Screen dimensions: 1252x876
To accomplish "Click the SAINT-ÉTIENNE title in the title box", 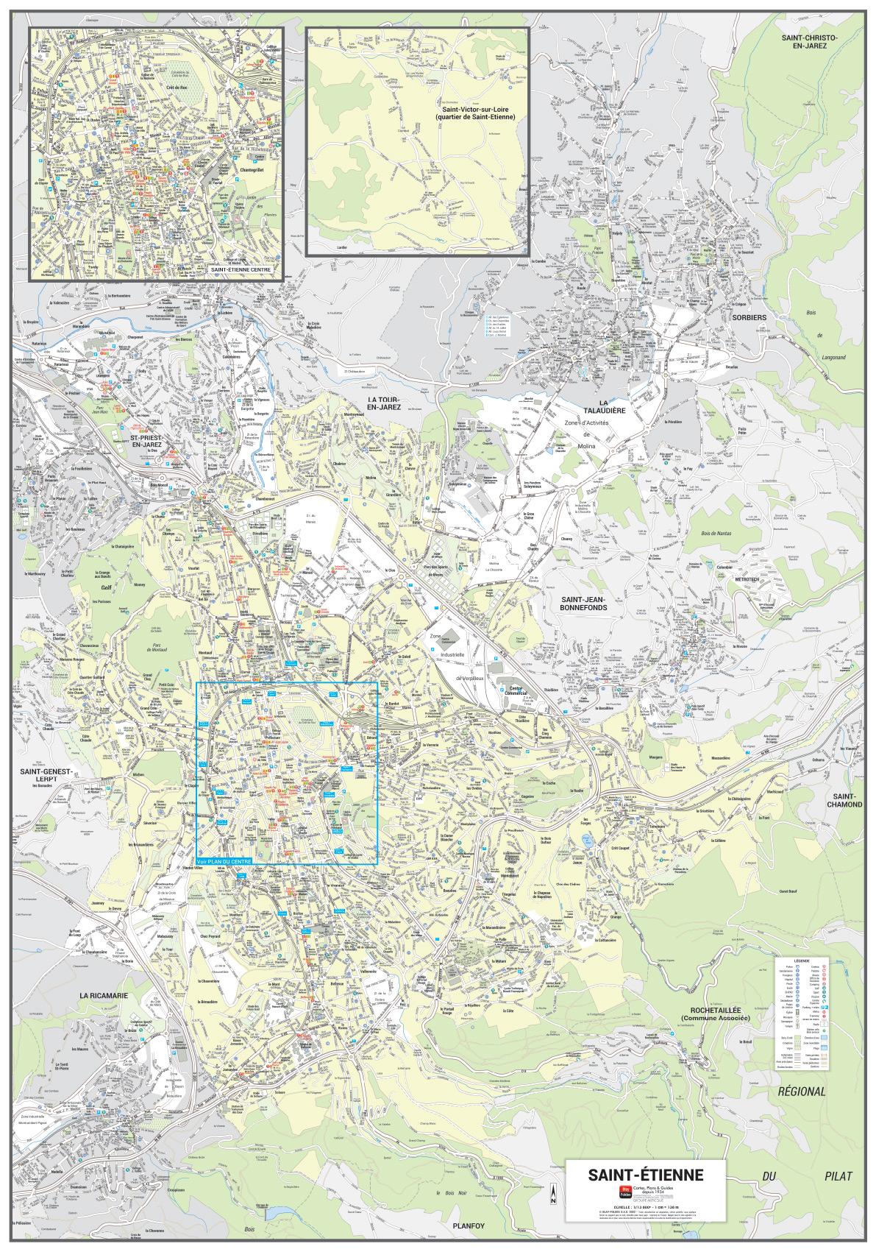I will (645, 1175).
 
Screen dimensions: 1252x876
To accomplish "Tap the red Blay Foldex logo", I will (624, 1192).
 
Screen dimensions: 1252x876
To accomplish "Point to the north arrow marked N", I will (553, 1194).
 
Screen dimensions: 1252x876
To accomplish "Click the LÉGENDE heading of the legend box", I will (801, 961).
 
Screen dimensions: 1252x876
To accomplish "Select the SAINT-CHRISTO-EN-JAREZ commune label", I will (808, 41).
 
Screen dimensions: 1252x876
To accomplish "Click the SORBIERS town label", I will (749, 318).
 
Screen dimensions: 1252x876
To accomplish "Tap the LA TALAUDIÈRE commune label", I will (604, 406).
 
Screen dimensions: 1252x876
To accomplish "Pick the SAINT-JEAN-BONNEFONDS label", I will (583, 604).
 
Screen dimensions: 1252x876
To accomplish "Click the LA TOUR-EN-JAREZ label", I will (383, 403).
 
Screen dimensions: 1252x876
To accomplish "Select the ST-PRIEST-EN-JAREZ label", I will (146, 441).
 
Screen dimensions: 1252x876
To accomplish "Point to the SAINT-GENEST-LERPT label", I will (46, 775).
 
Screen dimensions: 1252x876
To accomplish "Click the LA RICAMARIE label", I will (104, 995).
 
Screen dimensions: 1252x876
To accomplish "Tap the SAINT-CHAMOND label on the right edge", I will (844, 800).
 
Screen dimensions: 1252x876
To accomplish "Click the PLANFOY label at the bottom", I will (469, 1226).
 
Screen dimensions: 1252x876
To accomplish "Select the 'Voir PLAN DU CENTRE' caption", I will (224, 861).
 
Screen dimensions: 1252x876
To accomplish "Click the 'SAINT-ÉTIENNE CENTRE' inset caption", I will (241, 269).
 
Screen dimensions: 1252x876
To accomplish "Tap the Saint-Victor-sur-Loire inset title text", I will (474, 113).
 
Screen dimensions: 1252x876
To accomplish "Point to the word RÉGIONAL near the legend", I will (801, 1092).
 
